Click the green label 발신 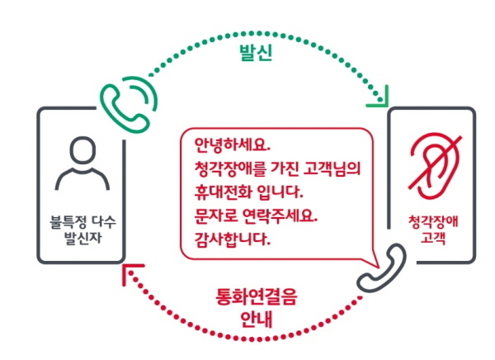(x=256, y=53)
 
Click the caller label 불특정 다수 (x=83, y=222)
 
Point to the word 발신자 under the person (x=83, y=238)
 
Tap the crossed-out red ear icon (x=435, y=167)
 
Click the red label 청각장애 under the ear (x=433, y=222)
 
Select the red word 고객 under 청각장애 (x=433, y=237)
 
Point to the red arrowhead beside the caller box (x=130, y=272)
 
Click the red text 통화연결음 (x=257, y=297)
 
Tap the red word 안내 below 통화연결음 (x=257, y=320)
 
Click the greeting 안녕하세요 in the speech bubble (x=233, y=145)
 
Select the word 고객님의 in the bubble (x=332, y=168)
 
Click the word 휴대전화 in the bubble (x=223, y=192)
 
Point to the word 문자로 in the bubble (x=214, y=216)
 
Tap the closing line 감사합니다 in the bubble (x=233, y=239)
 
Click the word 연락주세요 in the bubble (x=280, y=216)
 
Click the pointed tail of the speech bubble (x=377, y=266)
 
